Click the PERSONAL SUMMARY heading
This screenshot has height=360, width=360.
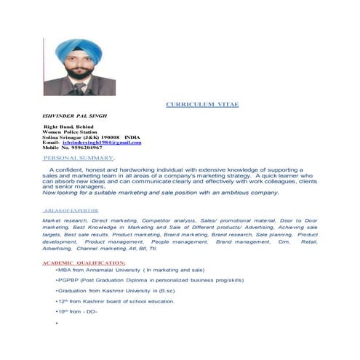78,158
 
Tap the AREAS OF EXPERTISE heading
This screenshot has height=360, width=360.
70,209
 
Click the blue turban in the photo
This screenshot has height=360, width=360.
71,49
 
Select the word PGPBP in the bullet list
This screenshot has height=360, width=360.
69,279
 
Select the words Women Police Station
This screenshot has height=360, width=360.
70,132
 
